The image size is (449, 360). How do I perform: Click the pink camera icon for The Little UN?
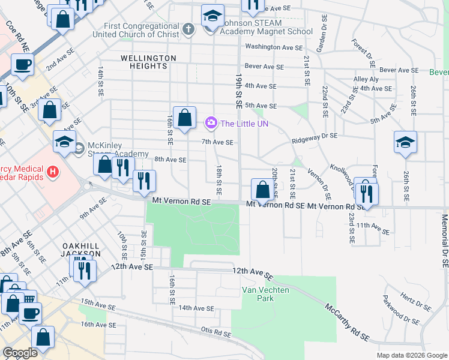pyautogui.click(x=211, y=124)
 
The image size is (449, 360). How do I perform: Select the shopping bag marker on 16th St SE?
pyautogui.click(x=185, y=119)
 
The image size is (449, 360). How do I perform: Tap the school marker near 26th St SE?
pyautogui.click(x=405, y=143)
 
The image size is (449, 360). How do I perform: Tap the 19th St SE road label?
pyautogui.click(x=238, y=91)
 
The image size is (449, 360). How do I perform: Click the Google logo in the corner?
pyautogui.click(x=20, y=353)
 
